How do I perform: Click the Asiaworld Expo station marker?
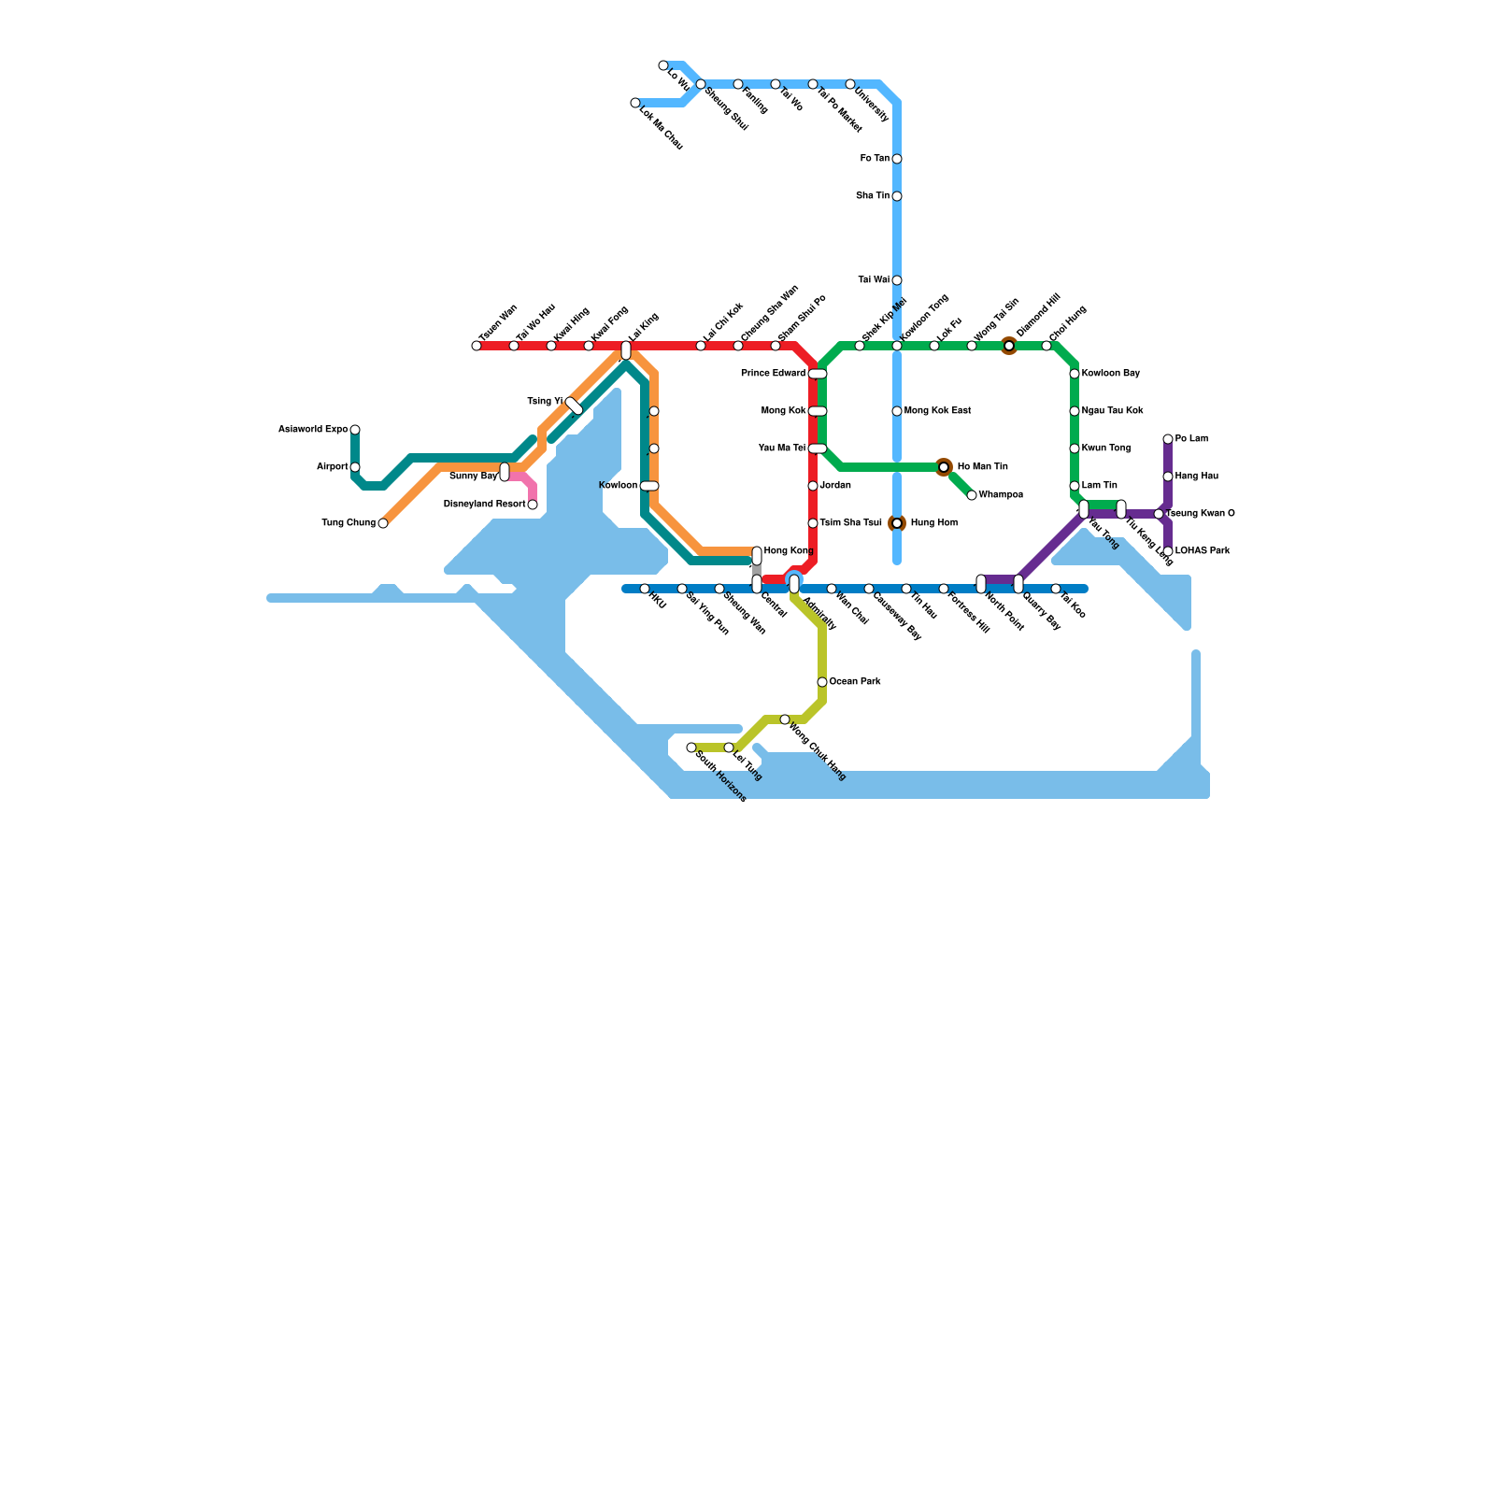tap(355, 430)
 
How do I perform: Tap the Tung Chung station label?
tap(349, 523)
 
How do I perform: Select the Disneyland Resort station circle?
tap(533, 505)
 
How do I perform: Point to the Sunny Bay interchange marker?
tap(505, 472)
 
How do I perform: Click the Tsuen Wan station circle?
tap(477, 346)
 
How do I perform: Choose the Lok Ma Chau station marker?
tap(635, 103)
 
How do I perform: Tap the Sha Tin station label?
tap(873, 196)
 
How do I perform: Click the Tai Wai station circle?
tap(897, 280)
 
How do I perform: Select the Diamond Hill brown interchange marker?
tap(1009, 346)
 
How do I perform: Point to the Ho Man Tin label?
tap(983, 467)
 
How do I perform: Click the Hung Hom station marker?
tap(897, 523)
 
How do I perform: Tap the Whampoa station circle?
tap(972, 495)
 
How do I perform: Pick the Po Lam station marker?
tap(1168, 439)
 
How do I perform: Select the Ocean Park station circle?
tap(822, 682)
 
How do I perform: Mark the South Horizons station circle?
tap(691, 747)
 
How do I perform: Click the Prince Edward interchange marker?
tap(818, 374)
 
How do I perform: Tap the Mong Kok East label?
tap(938, 411)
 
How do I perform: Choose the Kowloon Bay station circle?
tap(1075, 374)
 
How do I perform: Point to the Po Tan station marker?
tap(897, 159)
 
